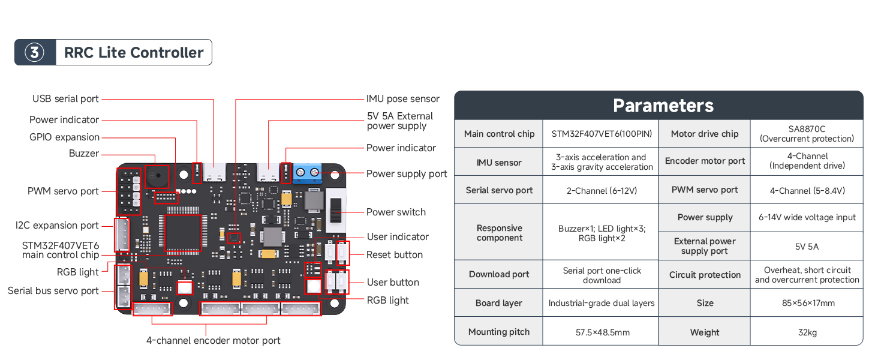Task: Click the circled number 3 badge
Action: [34, 53]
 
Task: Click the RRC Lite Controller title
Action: [134, 53]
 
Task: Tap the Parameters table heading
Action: [663, 106]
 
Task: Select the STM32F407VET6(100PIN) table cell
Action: [602, 134]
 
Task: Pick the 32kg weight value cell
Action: [807, 332]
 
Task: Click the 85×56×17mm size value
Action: [807, 303]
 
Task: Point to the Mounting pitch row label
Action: [499, 332]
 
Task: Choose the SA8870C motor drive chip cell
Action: [807, 134]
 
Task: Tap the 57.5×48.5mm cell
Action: [602, 332]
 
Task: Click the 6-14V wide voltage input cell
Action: [807, 217]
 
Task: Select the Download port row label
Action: [499, 274]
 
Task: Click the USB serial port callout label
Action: [65, 99]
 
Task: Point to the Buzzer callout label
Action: [84, 154]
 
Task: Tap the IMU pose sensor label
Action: [403, 99]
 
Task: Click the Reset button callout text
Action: [395, 255]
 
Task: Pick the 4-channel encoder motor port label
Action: [214, 341]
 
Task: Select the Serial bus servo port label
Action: [53, 291]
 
